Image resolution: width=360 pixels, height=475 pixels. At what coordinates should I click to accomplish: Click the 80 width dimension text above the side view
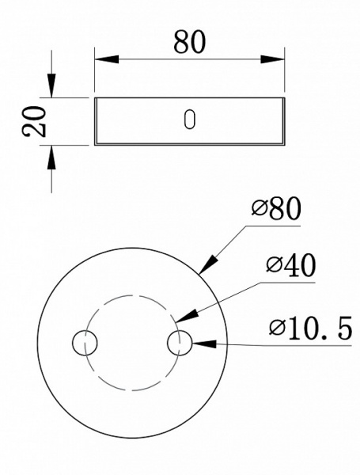pos(189,42)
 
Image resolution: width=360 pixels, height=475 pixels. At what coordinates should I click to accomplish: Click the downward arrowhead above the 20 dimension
pos(52,86)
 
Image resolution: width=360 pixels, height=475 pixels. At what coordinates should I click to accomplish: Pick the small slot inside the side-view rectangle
pos(189,120)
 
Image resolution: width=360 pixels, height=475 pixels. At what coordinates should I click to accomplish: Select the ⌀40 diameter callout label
pos(290,266)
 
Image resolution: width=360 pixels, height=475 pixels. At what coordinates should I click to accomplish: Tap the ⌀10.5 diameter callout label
pos(309,328)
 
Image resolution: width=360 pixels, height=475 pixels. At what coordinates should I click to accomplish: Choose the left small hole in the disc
pos(84,344)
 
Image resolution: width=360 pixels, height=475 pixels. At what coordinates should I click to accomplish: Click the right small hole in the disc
pos(180,344)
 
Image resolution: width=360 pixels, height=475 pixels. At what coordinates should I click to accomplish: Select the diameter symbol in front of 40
pos(273,267)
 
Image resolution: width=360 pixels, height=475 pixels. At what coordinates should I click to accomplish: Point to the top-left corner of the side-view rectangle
pos(96,98)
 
